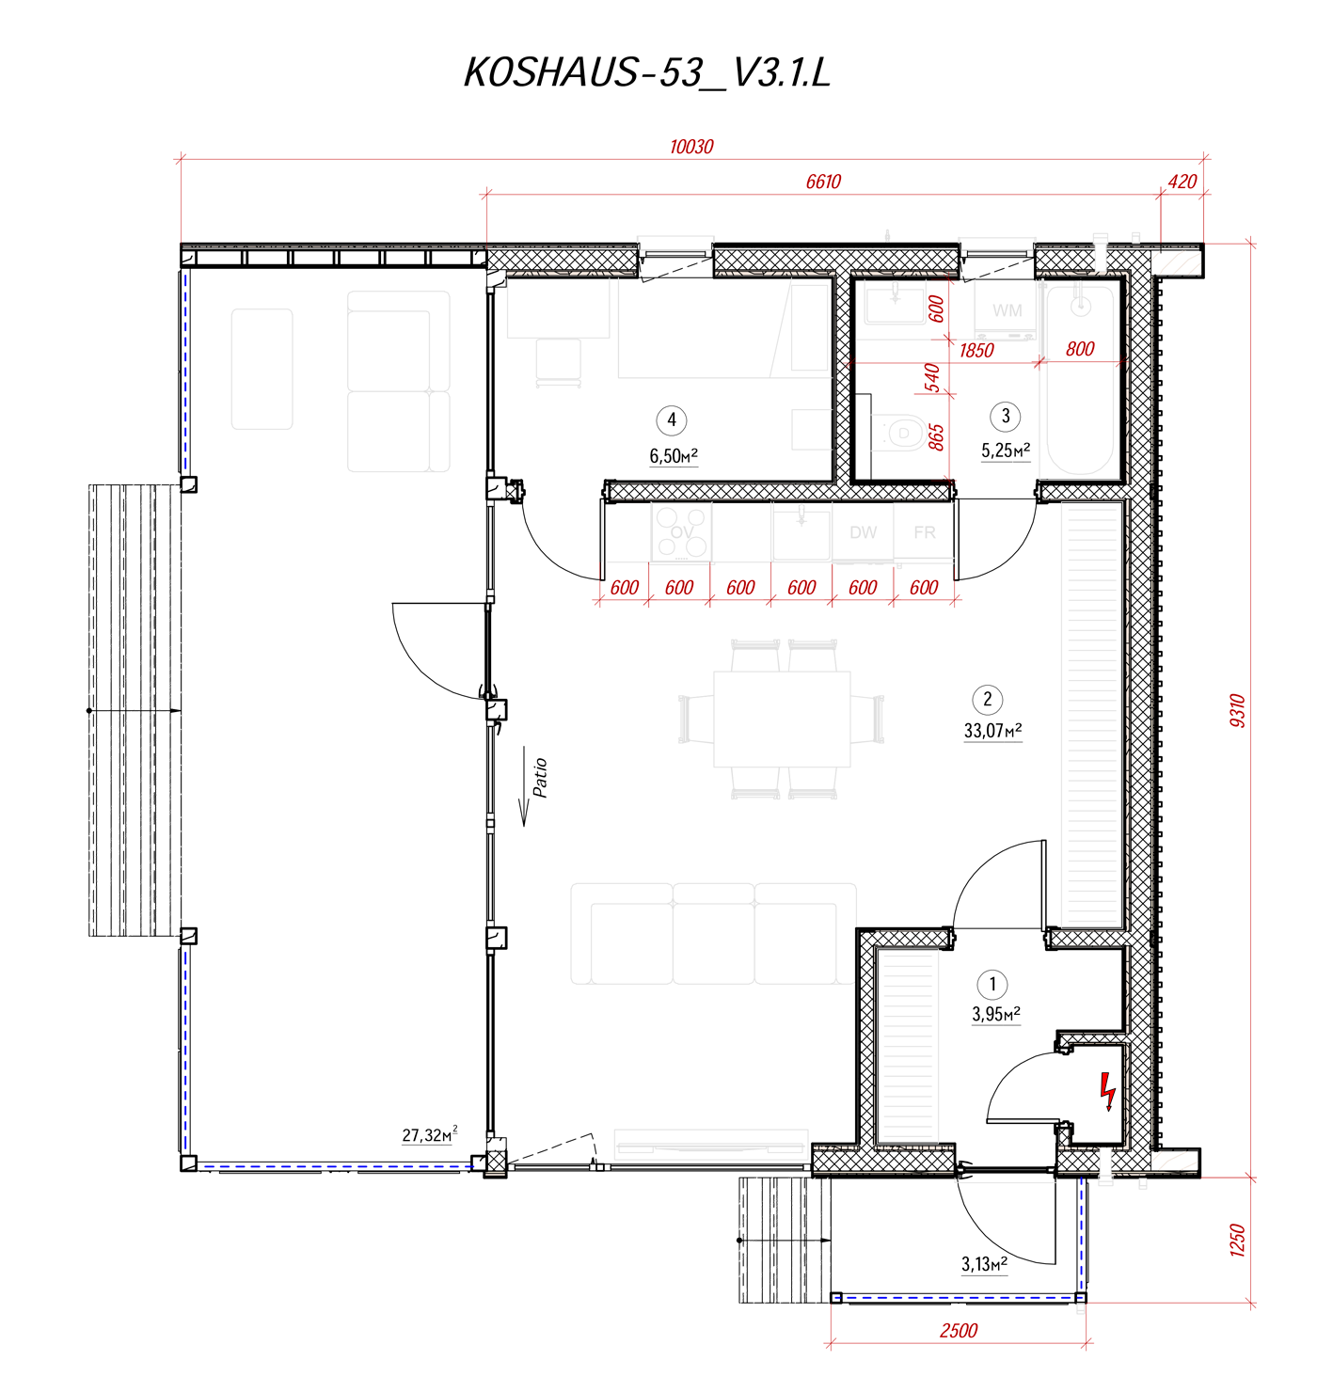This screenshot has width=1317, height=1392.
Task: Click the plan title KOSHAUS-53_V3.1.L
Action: (647, 72)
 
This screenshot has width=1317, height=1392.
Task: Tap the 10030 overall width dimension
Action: (691, 147)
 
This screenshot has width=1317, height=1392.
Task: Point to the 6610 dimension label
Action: (823, 182)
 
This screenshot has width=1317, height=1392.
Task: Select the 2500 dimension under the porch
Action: (959, 1331)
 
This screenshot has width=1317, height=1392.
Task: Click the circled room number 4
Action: (672, 420)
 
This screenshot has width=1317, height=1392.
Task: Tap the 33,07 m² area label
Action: (992, 730)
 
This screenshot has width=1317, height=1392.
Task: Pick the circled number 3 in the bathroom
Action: (1006, 417)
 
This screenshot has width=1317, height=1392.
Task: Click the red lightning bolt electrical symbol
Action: (1107, 1091)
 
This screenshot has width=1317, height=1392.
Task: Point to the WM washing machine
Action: (1007, 310)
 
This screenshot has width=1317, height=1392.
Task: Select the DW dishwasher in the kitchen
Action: (863, 532)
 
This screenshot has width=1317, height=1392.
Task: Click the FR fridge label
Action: (924, 532)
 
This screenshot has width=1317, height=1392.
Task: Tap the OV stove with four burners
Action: (681, 532)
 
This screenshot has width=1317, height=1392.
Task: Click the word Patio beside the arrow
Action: (541, 778)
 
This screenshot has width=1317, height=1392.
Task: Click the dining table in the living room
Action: (782, 720)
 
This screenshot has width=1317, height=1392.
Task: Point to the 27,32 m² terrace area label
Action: (429, 1135)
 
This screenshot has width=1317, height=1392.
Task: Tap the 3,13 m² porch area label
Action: (984, 1264)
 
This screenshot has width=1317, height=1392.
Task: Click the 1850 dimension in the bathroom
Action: (976, 351)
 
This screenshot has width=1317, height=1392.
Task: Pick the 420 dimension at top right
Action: (1182, 182)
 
